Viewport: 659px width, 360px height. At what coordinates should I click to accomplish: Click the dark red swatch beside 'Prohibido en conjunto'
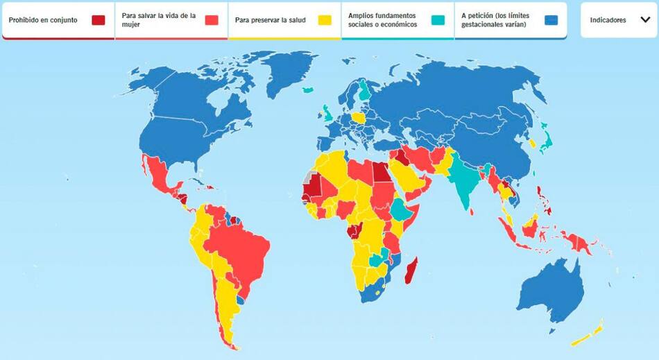pos(99,19)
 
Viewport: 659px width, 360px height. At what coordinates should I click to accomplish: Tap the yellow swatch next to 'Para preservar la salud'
pos(324,19)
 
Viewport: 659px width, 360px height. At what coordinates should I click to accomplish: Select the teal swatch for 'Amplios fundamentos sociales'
pos(437,19)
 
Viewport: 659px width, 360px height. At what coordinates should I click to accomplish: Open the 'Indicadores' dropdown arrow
pos(644,20)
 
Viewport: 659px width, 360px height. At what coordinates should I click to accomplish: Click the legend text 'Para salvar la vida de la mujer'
pos(158,19)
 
